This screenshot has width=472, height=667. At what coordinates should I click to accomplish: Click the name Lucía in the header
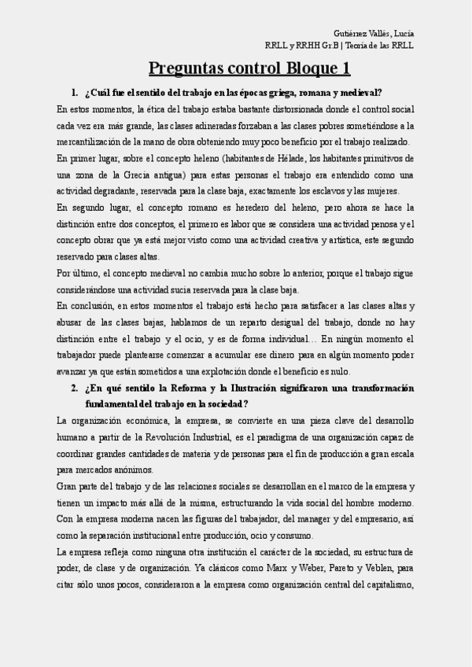[404, 33]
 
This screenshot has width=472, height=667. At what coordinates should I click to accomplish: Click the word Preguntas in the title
[183, 69]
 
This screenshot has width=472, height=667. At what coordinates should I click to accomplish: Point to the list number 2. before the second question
[74, 388]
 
